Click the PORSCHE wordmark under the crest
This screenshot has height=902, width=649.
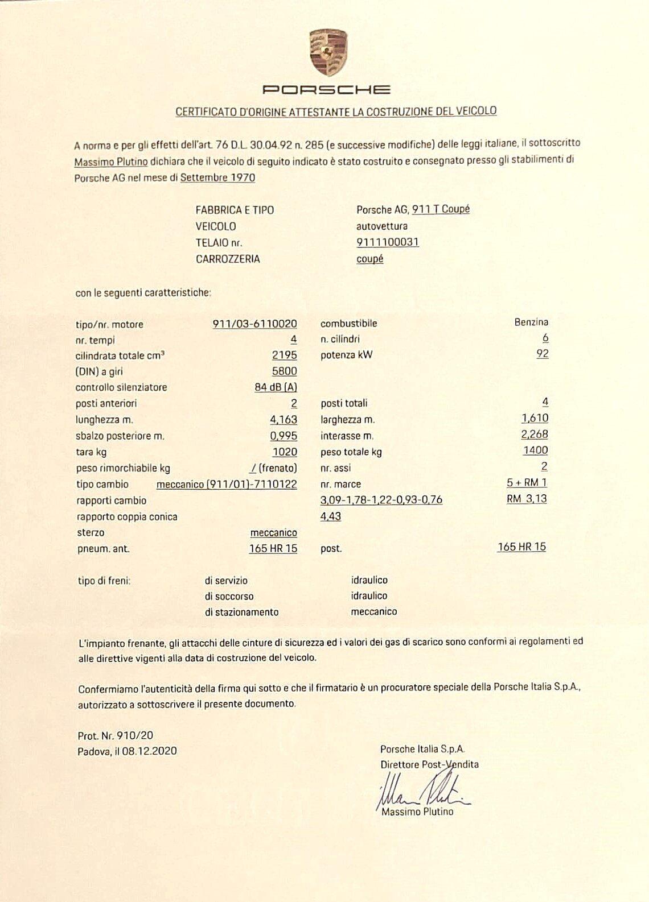click(x=326, y=89)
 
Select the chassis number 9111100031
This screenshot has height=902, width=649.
click(x=388, y=242)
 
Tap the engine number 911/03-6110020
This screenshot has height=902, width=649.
click(x=254, y=324)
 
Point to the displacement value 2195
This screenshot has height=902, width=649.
click(x=284, y=355)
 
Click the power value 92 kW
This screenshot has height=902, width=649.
click(x=542, y=354)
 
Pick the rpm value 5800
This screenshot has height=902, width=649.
click(x=284, y=371)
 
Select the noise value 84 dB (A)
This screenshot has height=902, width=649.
click(x=276, y=388)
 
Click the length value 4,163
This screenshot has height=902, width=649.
click(x=283, y=420)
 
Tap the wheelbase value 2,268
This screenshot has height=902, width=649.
click(x=534, y=435)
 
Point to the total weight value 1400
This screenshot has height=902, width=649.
click(x=535, y=450)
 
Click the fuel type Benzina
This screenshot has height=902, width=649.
click(x=531, y=322)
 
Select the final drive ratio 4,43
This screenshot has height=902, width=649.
click(x=331, y=516)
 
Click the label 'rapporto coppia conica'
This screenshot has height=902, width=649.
click(x=127, y=517)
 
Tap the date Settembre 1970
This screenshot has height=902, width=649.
click(x=217, y=177)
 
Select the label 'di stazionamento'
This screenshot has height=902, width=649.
click(x=241, y=613)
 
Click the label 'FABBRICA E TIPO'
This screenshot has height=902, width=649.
click(x=235, y=210)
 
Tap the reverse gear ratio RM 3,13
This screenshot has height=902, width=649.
click(x=527, y=499)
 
